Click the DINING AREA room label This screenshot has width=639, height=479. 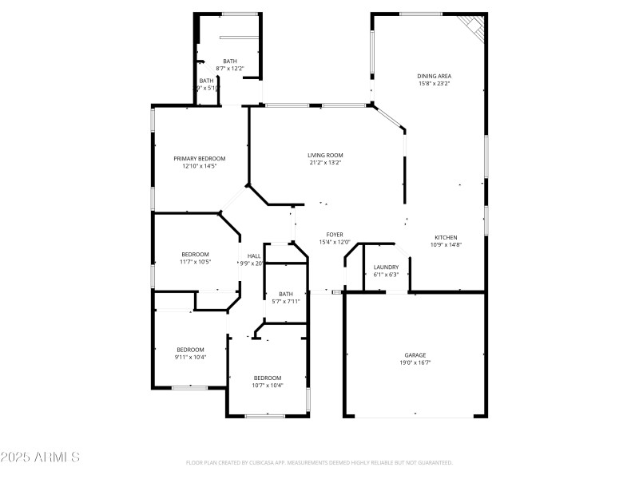(x=435, y=76)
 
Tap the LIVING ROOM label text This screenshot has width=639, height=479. (x=325, y=155)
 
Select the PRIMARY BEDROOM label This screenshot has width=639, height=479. (x=200, y=158)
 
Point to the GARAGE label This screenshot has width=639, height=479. (x=415, y=354)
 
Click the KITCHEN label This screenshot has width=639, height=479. (x=446, y=237)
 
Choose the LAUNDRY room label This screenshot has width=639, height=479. (x=386, y=267)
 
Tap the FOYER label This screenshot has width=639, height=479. (x=335, y=235)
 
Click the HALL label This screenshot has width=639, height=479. (x=253, y=255)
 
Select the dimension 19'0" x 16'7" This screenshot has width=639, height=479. (x=415, y=362)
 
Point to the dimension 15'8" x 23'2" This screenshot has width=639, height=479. (x=435, y=84)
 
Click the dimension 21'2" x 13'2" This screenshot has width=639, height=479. (x=325, y=163)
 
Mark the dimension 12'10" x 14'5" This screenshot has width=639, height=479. (x=200, y=166)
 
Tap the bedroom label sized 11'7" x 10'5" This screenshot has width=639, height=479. (x=194, y=254)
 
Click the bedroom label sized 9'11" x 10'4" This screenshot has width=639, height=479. (x=190, y=349)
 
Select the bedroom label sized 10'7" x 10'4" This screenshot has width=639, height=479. (x=268, y=378)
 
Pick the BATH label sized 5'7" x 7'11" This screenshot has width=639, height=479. (x=285, y=293)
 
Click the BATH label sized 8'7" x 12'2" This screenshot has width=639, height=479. (x=230, y=61)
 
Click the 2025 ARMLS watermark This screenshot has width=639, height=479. (x=40, y=457)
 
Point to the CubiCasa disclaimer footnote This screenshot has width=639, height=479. (x=319, y=462)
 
